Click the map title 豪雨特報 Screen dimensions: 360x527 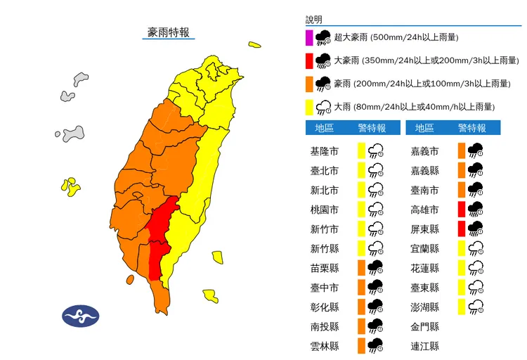point(168,32)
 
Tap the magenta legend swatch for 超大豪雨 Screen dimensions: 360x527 point(309,38)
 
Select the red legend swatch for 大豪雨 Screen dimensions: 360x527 point(309,60)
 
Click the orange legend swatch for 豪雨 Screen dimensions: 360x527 point(309,84)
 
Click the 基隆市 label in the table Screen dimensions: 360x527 point(324,151)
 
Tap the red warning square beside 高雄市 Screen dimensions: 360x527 point(461,210)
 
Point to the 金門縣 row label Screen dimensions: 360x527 point(425,326)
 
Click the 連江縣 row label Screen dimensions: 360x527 point(425,346)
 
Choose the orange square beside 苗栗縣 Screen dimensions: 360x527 point(361,268)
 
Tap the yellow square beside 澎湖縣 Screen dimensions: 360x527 point(461,307)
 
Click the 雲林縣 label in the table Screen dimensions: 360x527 point(324,346)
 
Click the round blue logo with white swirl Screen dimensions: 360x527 point(81,316)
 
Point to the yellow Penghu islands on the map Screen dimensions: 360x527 point(70,186)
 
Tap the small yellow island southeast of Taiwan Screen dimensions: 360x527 point(210,294)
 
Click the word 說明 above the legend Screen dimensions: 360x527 point(313,20)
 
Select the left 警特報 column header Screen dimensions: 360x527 point(372,128)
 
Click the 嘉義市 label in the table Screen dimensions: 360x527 point(425,151)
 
